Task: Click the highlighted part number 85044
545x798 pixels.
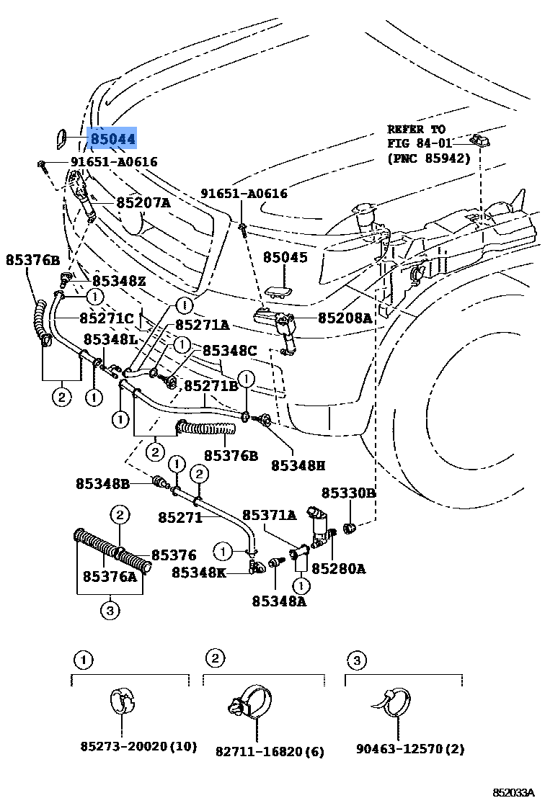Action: coord(112,139)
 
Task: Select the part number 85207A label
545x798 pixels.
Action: coord(143,203)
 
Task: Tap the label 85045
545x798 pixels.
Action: coord(285,257)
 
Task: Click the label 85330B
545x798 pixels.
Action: coord(348,493)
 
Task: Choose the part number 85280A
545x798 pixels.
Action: coord(338,569)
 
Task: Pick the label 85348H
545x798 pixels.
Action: coord(298,466)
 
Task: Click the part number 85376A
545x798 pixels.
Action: coord(110,576)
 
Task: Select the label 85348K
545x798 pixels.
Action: coord(199,572)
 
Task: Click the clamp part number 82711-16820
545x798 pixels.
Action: coord(270,752)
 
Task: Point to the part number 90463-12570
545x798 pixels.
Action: coord(409,750)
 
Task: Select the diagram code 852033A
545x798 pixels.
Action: coord(515,792)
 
